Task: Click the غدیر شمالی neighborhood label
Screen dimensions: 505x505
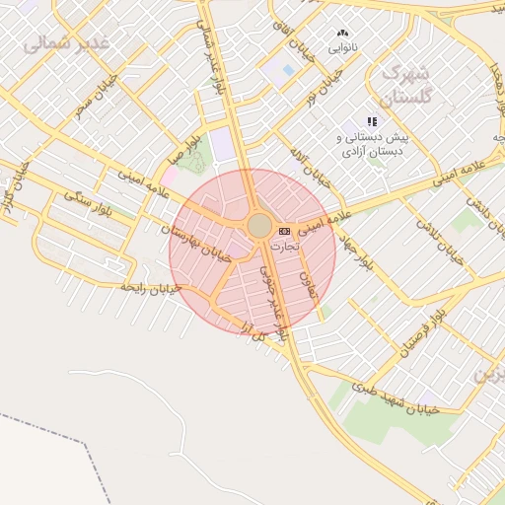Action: (65, 37)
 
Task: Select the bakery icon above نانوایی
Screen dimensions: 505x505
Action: (342, 34)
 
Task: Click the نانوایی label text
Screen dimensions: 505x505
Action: (342, 47)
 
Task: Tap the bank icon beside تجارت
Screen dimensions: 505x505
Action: (285, 230)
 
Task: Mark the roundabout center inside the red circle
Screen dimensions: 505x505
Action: (259, 226)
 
